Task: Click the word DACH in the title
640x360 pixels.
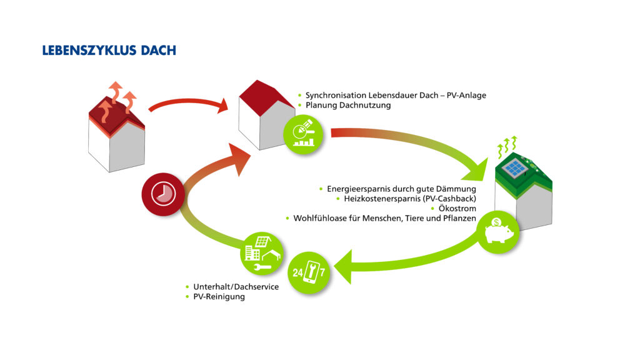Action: (x=158, y=50)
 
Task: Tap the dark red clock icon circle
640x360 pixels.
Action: (x=163, y=194)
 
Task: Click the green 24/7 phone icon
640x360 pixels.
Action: (x=309, y=272)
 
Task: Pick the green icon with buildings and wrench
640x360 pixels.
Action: (x=262, y=254)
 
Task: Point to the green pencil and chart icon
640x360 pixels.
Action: (x=303, y=134)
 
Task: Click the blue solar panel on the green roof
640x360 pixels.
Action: (x=515, y=167)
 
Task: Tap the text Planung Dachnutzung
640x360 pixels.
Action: (x=348, y=105)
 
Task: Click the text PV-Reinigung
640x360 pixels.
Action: (x=219, y=297)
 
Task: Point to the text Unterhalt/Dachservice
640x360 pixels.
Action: (x=236, y=287)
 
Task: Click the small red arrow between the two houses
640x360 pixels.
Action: (x=189, y=104)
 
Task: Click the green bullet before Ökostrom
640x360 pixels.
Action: (x=432, y=209)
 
